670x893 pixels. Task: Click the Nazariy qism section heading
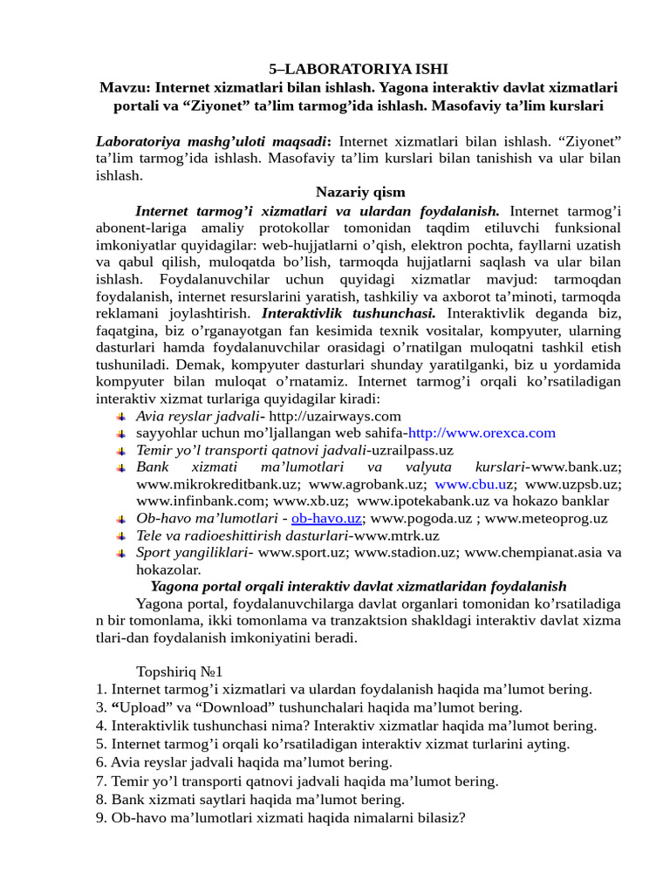pyautogui.click(x=359, y=192)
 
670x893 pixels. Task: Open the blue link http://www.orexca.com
pyautogui.click(x=482, y=433)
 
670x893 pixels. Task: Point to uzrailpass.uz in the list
pyautogui.click(x=412, y=450)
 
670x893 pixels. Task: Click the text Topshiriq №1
pyautogui.click(x=180, y=671)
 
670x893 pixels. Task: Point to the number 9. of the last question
pyautogui.click(x=101, y=818)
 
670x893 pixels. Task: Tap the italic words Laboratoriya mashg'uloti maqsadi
pyautogui.click(x=213, y=141)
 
